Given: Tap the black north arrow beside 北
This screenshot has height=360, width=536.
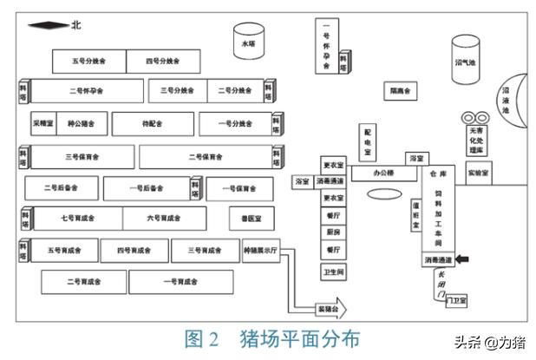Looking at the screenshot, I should click(x=47, y=26).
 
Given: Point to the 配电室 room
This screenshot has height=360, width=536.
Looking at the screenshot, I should click(x=369, y=141).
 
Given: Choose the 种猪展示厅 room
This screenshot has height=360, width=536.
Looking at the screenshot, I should click(x=260, y=252).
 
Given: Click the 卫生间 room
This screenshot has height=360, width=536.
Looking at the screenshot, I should click(x=333, y=272).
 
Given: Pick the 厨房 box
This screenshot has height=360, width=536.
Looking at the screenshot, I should click(x=333, y=232).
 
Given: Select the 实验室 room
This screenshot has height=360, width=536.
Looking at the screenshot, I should click(x=479, y=173).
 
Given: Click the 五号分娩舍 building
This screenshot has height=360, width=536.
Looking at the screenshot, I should click(x=89, y=62).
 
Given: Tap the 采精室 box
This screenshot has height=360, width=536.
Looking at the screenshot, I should click(x=44, y=124).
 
